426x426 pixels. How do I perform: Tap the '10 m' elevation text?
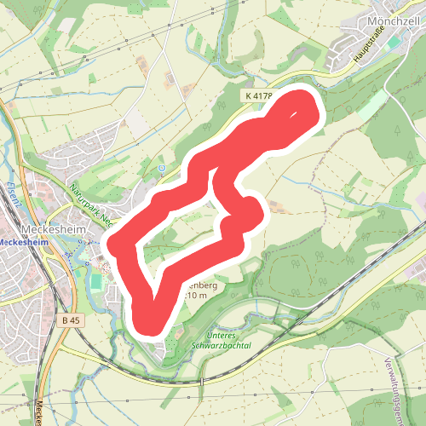pos(197,294)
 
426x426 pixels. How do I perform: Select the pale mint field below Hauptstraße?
pos(371,106)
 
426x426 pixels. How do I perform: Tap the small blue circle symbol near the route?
pos(161,169)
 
